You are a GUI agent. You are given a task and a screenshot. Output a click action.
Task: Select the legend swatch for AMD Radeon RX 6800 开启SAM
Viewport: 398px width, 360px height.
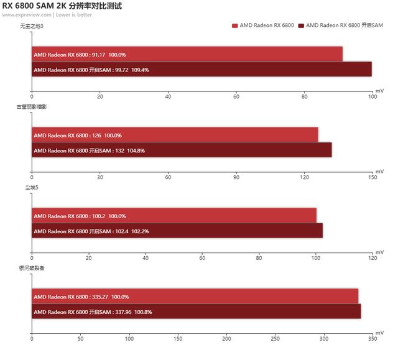click(x=301, y=25)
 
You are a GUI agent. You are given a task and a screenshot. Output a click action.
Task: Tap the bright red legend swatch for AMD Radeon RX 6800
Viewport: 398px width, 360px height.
click(x=234, y=25)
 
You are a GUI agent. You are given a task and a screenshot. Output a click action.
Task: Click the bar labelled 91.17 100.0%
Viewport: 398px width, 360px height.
click(x=187, y=54)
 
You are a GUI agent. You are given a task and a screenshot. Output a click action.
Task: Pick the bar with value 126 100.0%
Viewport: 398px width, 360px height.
click(x=175, y=135)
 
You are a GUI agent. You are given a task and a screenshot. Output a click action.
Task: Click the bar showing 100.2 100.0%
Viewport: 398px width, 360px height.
click(x=174, y=216)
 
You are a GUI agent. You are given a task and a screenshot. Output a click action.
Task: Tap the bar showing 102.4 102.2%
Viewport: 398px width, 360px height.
click(x=177, y=231)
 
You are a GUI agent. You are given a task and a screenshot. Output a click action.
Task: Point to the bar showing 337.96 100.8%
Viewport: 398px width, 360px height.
click(x=196, y=312)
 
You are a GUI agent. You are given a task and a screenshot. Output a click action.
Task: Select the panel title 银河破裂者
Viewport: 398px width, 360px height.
click(x=30, y=268)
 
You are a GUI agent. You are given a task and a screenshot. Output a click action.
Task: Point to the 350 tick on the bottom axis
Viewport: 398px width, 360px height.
click(x=373, y=339)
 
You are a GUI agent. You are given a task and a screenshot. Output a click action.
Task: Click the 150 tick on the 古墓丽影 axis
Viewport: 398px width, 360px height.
click(x=373, y=177)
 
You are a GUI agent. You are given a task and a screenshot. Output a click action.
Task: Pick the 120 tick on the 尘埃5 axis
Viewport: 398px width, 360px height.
click(x=373, y=258)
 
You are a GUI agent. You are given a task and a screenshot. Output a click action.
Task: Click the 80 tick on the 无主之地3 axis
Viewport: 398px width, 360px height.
click(x=304, y=96)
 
